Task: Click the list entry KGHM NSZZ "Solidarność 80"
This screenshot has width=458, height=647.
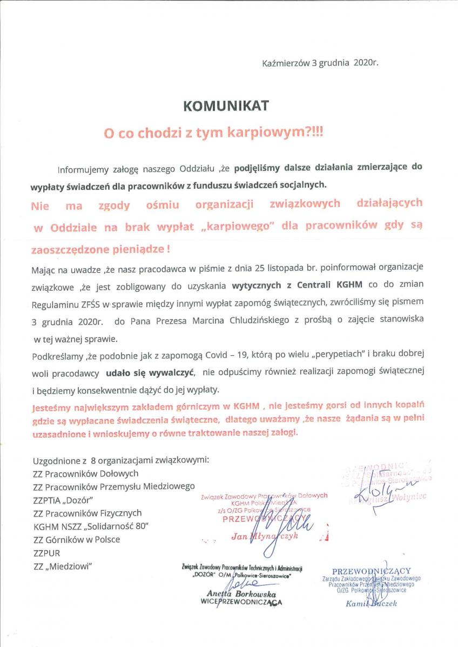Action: point(91,526)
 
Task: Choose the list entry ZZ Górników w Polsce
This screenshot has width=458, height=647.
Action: point(76,539)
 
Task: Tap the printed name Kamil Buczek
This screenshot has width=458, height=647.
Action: point(371,603)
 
